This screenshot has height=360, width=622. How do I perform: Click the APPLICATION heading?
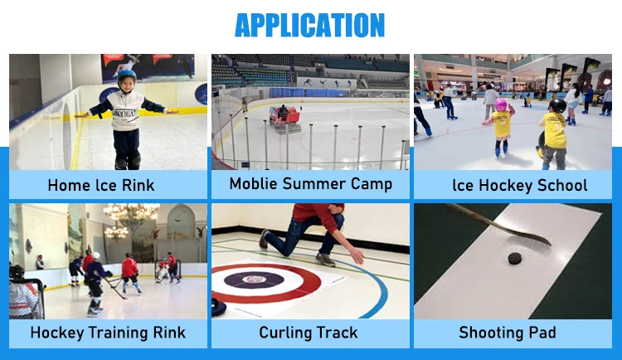309,25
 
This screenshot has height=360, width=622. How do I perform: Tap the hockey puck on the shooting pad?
515,259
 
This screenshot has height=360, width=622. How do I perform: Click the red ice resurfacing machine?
284,118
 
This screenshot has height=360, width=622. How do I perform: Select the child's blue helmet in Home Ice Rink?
127,75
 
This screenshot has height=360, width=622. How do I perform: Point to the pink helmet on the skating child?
501,105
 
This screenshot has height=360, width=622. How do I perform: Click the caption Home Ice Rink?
100,185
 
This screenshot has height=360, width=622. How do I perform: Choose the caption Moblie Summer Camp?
311,184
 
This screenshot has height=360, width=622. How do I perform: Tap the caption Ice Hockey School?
520,185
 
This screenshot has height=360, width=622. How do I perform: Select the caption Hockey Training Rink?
108,333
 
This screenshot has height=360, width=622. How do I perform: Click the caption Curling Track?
309,333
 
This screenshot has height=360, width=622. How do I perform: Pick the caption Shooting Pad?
508,333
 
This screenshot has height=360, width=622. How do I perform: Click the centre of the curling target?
254,280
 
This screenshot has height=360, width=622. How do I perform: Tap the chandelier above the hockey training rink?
132,212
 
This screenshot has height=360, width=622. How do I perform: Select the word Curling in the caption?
285,333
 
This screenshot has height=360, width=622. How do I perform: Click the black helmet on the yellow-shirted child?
558,105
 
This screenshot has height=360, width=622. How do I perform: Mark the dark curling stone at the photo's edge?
218,307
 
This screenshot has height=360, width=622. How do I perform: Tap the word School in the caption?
562,185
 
